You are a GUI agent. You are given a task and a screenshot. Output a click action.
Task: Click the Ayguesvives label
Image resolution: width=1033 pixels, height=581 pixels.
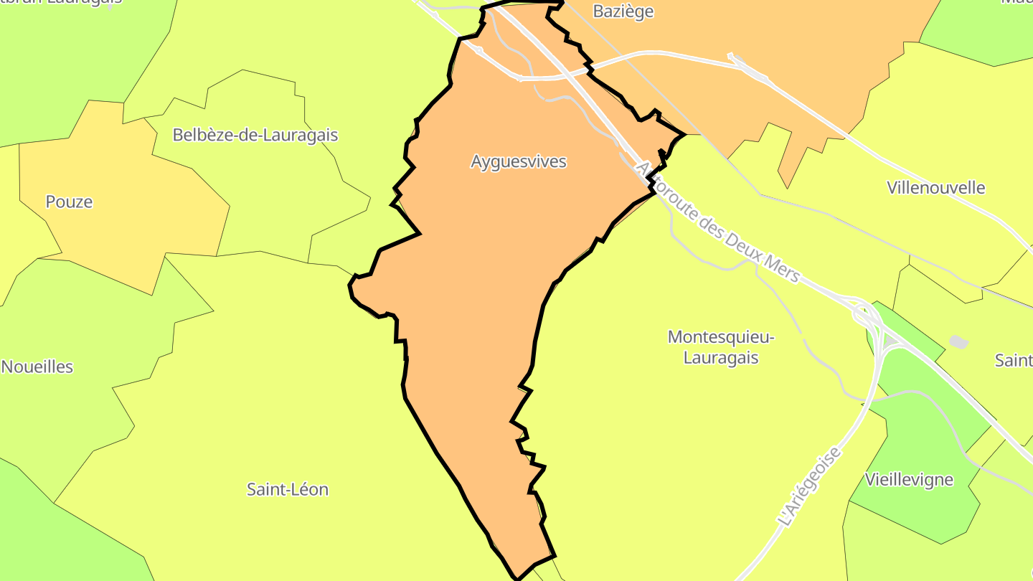pos(518,162)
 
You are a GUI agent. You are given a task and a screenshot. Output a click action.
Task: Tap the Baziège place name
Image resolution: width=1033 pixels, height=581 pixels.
pos(623,11)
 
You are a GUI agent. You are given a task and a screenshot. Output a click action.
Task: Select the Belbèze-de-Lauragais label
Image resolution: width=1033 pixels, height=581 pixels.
pos(255,135)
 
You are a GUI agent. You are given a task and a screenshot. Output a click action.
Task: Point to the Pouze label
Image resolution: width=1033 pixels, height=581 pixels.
pos(69,202)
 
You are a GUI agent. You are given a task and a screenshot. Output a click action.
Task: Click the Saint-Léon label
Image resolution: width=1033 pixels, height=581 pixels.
pos(287,489)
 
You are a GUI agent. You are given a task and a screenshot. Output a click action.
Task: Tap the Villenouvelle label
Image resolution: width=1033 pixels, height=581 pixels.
pos(935,188)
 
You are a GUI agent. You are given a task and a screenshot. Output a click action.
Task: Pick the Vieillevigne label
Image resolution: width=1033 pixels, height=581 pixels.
pos(908,479)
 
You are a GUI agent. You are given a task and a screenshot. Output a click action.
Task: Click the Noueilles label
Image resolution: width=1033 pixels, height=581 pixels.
pos(37,367)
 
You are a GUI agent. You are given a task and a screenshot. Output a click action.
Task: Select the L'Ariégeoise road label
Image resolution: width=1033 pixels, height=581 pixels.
pos(809,486)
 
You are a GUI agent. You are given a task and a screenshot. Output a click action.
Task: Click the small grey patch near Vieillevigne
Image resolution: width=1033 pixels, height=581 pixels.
pos(958,342)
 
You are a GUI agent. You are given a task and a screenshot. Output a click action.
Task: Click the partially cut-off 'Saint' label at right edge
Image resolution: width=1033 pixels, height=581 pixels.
pos(1013,360)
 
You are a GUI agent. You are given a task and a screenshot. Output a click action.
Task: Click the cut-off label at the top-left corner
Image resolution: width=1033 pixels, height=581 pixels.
pos(61,2)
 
